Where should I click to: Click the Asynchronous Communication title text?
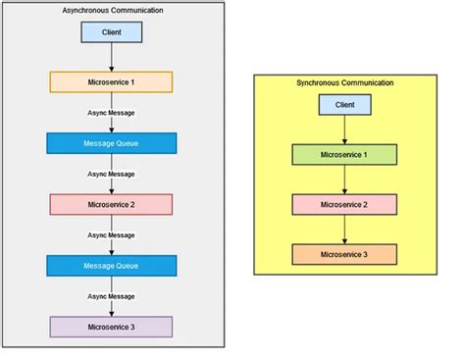tap(111, 10)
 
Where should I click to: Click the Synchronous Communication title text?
tap(343, 82)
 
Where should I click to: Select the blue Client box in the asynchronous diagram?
tap(111, 32)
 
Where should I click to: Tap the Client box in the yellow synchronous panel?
tap(344, 104)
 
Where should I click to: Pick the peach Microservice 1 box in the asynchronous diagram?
tap(111, 81)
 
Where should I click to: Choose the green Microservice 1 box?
tap(344, 154)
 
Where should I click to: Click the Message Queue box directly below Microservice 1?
tap(111, 142)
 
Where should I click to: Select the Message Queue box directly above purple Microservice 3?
tap(111, 265)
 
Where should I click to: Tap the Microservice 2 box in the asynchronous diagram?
tap(111, 204)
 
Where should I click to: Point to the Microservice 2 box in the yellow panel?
tap(344, 204)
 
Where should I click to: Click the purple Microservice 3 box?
tap(111, 327)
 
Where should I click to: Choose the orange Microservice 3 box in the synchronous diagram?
tap(344, 254)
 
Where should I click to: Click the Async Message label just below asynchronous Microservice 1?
tap(111, 113)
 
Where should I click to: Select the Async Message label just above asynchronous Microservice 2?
tap(111, 174)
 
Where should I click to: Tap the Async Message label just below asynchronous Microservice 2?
tap(111, 235)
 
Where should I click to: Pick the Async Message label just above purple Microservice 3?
tap(111, 296)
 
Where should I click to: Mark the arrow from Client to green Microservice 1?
tap(344, 129)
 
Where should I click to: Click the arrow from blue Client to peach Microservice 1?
tap(111, 57)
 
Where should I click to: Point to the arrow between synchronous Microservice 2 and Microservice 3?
tap(344, 230)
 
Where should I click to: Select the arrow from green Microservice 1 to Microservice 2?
tap(344, 180)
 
